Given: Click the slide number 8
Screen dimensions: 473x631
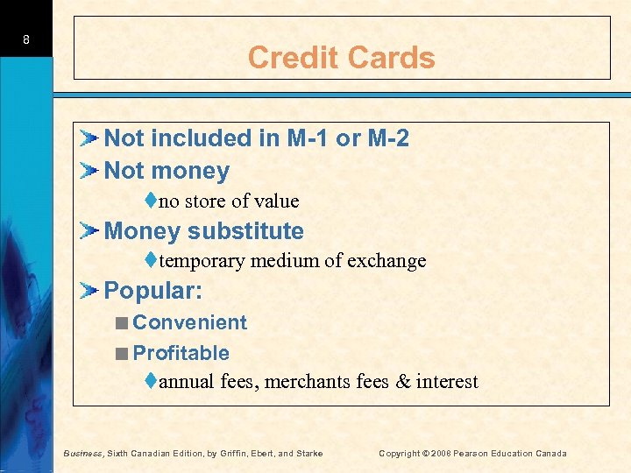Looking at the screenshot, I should (27, 39).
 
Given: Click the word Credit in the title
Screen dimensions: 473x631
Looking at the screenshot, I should (290, 58).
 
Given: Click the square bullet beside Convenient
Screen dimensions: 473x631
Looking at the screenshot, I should (122, 323).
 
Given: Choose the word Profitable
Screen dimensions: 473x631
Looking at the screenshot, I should (181, 353).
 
